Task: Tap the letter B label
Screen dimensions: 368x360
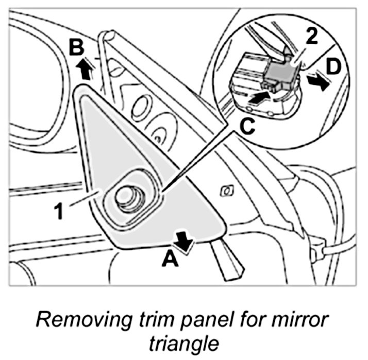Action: coord(77,48)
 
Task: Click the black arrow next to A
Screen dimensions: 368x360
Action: coord(184,241)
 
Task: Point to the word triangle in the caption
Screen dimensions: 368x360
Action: coord(183,343)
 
